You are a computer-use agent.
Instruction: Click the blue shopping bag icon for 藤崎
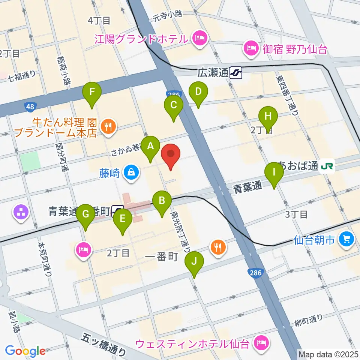[x=132, y=172]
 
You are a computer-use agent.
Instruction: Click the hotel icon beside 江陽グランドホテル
[x=199, y=38]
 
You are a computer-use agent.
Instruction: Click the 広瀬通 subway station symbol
[x=236, y=72]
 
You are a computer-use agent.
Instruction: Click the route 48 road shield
[x=30, y=108]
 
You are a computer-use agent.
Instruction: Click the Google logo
[x=25, y=351]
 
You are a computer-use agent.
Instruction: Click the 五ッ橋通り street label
[x=104, y=345]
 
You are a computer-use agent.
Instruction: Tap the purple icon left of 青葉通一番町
[x=21, y=213]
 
